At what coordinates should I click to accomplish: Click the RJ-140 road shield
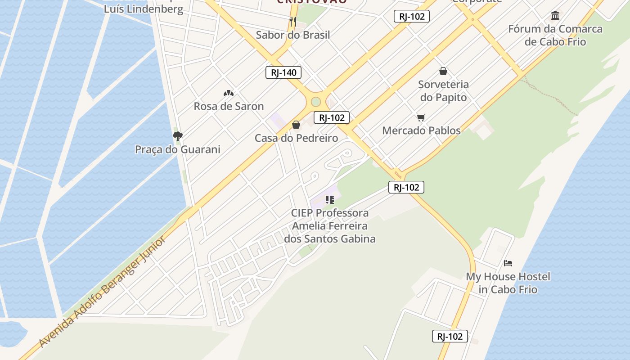click(x=283, y=72)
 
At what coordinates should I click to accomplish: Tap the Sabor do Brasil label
click(x=293, y=35)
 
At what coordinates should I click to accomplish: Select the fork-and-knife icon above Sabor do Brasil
click(x=293, y=21)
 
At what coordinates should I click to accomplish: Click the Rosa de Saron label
click(x=229, y=106)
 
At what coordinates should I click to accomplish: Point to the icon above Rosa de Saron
click(x=229, y=93)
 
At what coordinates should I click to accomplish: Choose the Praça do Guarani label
click(x=178, y=149)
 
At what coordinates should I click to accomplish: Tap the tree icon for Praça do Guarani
click(x=178, y=136)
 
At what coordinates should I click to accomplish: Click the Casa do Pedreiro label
click(x=296, y=138)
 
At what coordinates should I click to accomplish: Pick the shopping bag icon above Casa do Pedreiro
click(x=296, y=125)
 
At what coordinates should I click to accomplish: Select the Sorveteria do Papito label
click(x=443, y=90)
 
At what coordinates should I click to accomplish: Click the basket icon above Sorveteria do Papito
click(x=443, y=71)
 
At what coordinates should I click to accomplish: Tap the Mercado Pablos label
click(x=421, y=130)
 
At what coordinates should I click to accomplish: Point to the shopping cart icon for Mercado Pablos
click(x=421, y=117)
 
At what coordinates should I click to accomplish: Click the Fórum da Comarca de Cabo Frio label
click(x=555, y=35)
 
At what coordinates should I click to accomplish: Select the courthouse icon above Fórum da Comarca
click(x=555, y=16)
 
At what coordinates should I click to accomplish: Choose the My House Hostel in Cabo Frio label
click(x=508, y=283)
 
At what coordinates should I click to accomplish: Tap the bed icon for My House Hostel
click(x=508, y=263)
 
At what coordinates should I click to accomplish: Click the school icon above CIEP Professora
click(x=329, y=200)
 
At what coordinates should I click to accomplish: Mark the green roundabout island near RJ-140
click(x=316, y=102)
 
